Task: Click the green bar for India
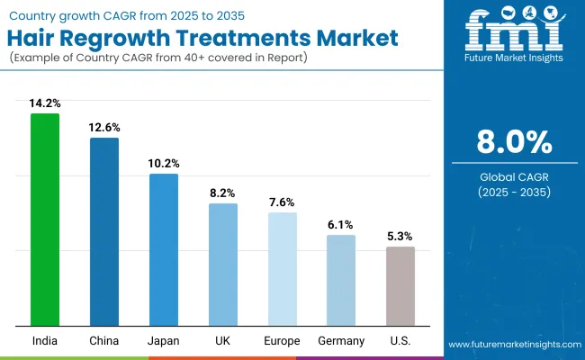coord(45,220)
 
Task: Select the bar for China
coord(104,231)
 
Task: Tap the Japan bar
coord(164,249)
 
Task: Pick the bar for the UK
coord(223,265)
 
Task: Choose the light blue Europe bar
coord(282,269)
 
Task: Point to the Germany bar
coord(341,280)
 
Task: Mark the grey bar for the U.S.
coord(400,286)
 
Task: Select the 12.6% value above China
coord(104,128)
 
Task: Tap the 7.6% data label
coord(282,202)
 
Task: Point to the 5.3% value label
coord(400,237)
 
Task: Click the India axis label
coord(45,341)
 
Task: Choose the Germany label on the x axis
coord(341,341)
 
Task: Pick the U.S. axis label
coord(400,341)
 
